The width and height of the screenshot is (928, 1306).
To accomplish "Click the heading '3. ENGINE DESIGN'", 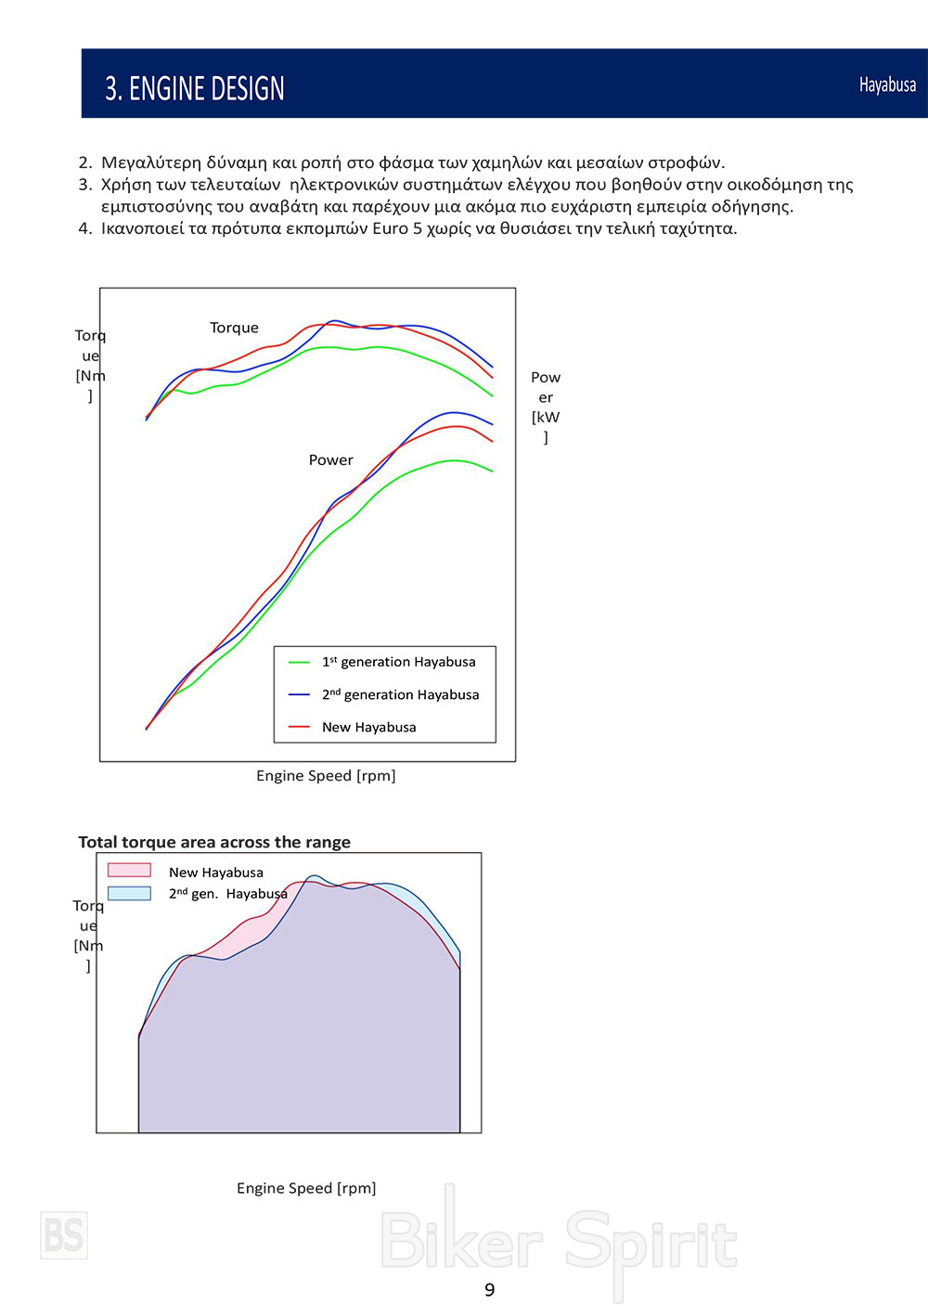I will (194, 88).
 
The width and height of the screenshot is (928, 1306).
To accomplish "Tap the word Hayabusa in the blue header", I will (887, 84).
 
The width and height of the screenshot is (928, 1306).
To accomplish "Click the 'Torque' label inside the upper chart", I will (234, 328).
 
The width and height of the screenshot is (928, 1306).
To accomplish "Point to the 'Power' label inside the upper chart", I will (330, 459).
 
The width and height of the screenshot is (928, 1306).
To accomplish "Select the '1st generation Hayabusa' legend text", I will (398, 662).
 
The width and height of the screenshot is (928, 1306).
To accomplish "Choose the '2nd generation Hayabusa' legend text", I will (400, 694).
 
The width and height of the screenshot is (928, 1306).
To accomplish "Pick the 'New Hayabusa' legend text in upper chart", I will (368, 727).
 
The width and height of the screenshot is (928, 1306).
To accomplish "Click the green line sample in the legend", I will (299, 663).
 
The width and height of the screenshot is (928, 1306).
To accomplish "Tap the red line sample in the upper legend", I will (299, 727).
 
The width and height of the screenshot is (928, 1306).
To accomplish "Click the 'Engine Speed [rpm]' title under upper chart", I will (326, 775).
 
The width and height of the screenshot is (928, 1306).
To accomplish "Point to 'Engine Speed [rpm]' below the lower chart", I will (306, 1188).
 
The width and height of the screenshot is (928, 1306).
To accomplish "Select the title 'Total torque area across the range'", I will (214, 842).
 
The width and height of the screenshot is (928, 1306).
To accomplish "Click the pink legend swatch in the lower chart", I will (129, 871).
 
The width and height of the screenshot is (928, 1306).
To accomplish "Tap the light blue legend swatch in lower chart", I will (129, 893).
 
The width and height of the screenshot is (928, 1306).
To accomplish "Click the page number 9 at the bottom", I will (490, 1289).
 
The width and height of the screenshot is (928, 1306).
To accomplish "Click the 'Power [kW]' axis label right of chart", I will (546, 407).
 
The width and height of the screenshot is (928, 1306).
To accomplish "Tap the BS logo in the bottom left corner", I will (64, 1235).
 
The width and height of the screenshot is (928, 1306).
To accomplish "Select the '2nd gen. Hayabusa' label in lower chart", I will (228, 894).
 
